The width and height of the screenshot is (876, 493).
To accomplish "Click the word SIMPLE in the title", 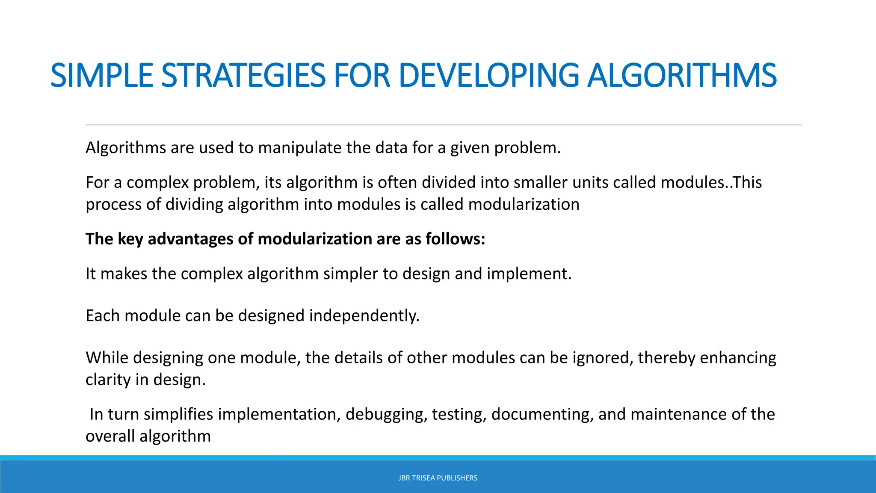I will click(102, 75).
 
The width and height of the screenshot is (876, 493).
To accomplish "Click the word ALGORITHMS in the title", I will click(681, 75).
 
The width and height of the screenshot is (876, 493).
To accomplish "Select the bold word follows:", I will click(455, 239).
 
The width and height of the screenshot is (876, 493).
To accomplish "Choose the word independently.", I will click(364, 316).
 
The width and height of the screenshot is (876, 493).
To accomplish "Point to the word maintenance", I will click(678, 414).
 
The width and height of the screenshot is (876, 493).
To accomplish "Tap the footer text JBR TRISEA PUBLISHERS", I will click(438, 478).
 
